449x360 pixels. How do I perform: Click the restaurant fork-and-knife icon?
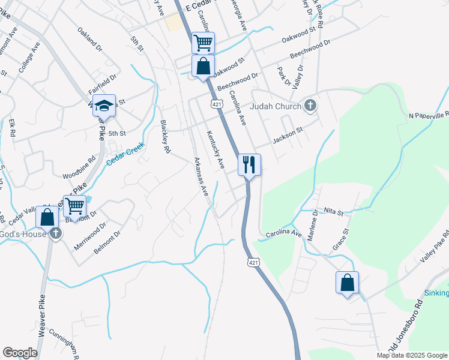(250, 164)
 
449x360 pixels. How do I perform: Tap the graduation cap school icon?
(104, 106)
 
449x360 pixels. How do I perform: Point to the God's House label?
(22, 234)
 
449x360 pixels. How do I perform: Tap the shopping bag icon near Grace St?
(347, 283)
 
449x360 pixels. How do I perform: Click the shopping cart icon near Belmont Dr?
(74, 206)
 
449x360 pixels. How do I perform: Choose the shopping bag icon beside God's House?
(47, 217)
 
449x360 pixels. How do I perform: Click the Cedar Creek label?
(126, 154)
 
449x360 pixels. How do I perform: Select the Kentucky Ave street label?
(215, 149)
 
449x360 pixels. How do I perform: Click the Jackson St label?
(288, 139)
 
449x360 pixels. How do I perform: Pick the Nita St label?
(333, 212)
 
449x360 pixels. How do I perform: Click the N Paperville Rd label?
(429, 115)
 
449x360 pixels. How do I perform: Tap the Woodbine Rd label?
(79, 169)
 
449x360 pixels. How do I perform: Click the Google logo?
(20, 353)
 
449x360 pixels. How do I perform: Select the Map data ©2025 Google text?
(411, 355)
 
